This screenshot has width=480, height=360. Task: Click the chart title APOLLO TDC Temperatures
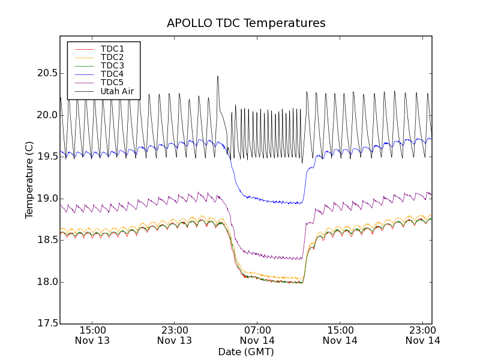246,23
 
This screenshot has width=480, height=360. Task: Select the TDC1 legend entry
112,49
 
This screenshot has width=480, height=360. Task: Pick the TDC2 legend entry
112,57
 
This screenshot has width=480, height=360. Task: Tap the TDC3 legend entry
112,65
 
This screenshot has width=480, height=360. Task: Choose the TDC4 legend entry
112,74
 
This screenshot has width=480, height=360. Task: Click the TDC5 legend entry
112,82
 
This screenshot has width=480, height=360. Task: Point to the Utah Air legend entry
117,91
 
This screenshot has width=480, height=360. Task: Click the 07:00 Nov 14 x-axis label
258,335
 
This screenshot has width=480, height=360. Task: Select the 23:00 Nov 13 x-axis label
175,335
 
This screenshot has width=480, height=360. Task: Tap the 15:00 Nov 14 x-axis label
340,335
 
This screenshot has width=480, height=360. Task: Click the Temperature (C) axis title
29,180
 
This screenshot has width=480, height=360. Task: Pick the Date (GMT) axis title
246,352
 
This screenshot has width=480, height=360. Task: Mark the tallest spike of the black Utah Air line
217,76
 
